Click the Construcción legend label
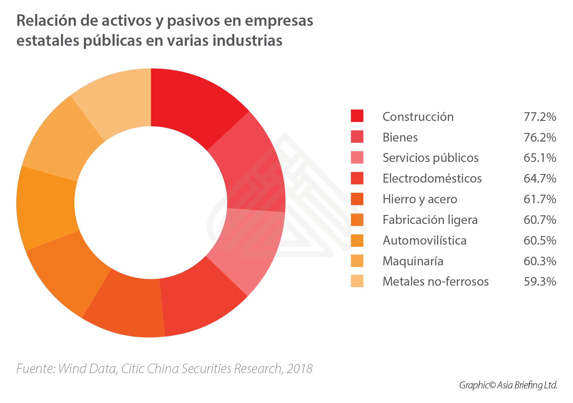coord(418,117)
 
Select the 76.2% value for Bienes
coord(540,137)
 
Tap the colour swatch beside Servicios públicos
coord(357,157)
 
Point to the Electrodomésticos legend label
coord(432,178)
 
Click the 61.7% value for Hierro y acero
coord(540,199)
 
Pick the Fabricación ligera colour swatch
coord(357,219)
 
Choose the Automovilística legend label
coord(424,240)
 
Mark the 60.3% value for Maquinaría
coord(540,261)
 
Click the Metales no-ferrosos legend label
coord(435,281)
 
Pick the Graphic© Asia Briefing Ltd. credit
coord(508,385)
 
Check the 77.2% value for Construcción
coord(540,117)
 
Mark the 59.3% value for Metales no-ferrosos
coord(540,281)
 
